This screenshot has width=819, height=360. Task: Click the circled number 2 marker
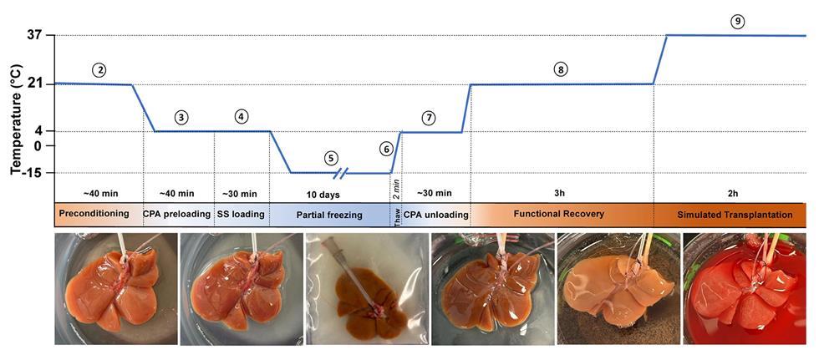click(x=99, y=69)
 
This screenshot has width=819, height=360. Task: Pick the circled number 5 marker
click(x=332, y=157)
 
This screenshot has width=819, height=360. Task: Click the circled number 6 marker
click(x=385, y=149)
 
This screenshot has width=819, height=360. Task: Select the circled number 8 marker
click(x=560, y=69)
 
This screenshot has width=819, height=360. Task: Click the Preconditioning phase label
click(x=94, y=214)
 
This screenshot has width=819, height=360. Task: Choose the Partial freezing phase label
click(x=329, y=215)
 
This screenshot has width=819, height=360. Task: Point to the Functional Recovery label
click(x=559, y=214)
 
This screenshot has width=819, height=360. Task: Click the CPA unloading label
click(x=436, y=215)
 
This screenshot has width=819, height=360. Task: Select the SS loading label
click(x=241, y=215)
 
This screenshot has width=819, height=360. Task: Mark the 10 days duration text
click(x=328, y=194)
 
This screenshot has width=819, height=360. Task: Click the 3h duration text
click(x=559, y=194)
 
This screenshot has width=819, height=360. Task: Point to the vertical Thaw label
click(x=397, y=215)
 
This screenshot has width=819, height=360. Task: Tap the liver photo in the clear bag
click(x=365, y=288)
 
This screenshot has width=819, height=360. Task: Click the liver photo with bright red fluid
click(x=745, y=288)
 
